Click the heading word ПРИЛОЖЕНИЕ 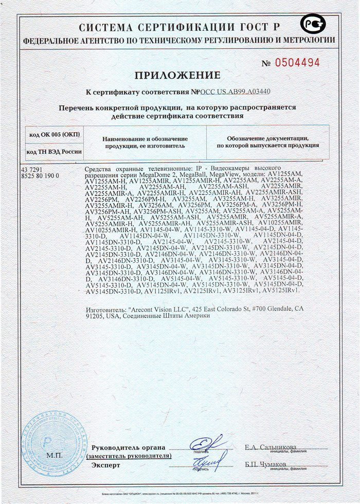click(x=177, y=76)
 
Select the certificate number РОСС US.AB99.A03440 click(x=235, y=92)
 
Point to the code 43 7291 click(x=32, y=170)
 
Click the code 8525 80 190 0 click(x=41, y=176)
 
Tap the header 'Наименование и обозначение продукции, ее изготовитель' click(x=145, y=142)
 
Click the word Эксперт click(x=105, y=465)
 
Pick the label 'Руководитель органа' click(x=129, y=447)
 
